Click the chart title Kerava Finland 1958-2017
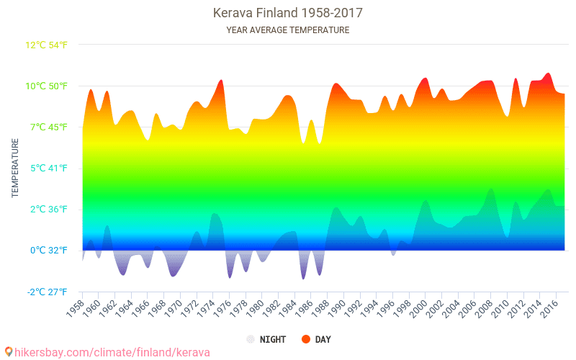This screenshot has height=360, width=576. click(287, 13)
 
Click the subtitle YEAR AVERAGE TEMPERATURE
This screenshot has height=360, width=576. click(287, 30)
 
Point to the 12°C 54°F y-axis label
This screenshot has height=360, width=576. click(47, 45)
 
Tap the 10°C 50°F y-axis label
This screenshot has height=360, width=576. click(47, 86)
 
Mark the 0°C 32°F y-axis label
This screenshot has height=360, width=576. click(48, 251)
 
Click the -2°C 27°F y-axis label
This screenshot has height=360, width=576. click(47, 292)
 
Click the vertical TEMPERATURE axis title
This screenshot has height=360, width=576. click(15, 168)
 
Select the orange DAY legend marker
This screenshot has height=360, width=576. click(306, 339)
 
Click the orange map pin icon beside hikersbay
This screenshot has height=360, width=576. click(9, 352)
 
